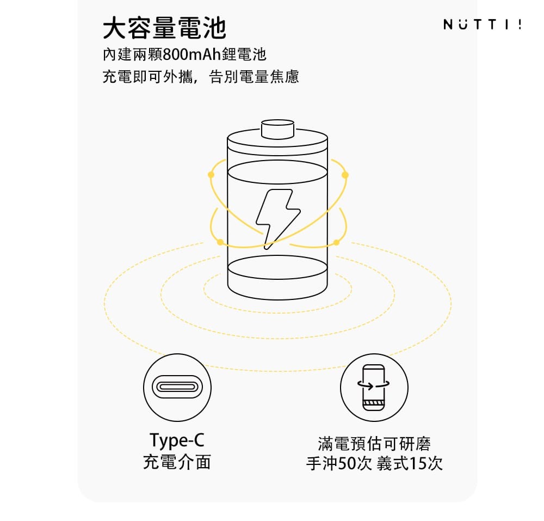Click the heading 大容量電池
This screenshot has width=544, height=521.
point(164,28)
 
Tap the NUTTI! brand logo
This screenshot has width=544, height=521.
point(482,24)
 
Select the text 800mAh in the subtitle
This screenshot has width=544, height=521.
point(191,54)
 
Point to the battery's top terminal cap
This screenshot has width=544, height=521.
point(277,129)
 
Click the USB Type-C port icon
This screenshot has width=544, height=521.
point(177,387)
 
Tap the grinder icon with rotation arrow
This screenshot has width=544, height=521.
point(374,388)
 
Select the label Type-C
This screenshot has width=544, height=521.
point(177,440)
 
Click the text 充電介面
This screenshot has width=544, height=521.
point(177,462)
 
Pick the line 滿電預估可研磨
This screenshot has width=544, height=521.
point(374,444)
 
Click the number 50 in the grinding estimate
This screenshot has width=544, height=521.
point(346,463)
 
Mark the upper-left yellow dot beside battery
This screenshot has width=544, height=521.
point(211,175)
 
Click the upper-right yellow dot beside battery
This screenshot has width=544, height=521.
point(345,175)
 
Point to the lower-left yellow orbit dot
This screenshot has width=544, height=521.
point(220,242)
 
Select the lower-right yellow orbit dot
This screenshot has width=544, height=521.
point(336,242)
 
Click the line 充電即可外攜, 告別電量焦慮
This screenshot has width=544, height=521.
point(201,77)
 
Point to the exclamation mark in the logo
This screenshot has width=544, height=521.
point(520,24)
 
